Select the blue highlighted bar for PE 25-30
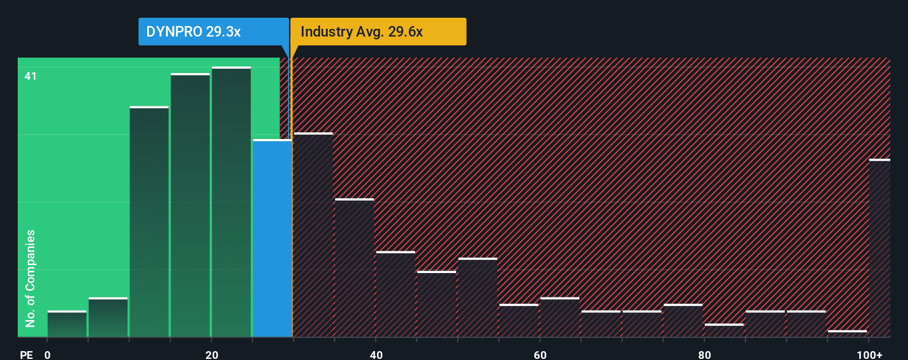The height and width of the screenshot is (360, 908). [x=272, y=238]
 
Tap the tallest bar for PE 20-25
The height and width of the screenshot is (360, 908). [x=231, y=202]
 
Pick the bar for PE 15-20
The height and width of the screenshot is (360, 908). [x=190, y=205]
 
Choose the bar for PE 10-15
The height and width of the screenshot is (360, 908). [x=149, y=222]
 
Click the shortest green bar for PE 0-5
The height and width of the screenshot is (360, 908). [x=67, y=324]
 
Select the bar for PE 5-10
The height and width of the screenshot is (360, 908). [x=108, y=317]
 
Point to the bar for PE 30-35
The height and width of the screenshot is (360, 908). [x=313, y=235]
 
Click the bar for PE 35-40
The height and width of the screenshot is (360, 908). [x=354, y=268]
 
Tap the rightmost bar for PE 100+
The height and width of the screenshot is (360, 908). [x=879, y=248]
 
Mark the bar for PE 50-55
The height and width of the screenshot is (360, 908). [x=478, y=297]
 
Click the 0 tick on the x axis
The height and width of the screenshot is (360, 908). [x=48, y=354]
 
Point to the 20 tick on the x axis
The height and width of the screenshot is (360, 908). [x=211, y=354]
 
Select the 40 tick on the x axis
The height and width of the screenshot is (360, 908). [x=376, y=354]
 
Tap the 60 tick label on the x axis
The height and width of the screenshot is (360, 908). [x=540, y=354]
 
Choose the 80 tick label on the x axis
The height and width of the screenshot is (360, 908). [x=704, y=354]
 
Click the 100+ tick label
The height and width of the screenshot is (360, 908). [x=869, y=354]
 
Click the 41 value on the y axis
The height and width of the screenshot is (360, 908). [x=30, y=76]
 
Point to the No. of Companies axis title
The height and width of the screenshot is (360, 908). [x=30, y=278]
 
